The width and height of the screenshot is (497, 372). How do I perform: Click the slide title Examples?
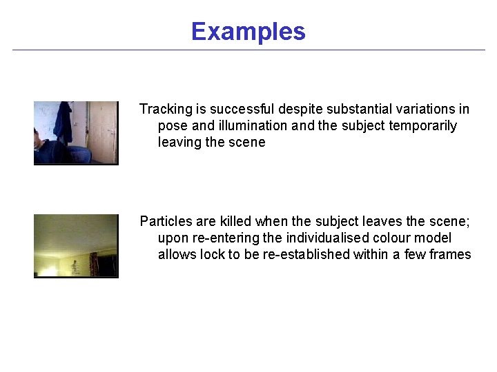[248, 32]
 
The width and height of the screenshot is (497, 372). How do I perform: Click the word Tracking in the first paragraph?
[165, 110]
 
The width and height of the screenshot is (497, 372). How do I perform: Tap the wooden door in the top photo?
[101, 131]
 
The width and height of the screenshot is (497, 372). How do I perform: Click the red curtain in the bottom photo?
[94, 262]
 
